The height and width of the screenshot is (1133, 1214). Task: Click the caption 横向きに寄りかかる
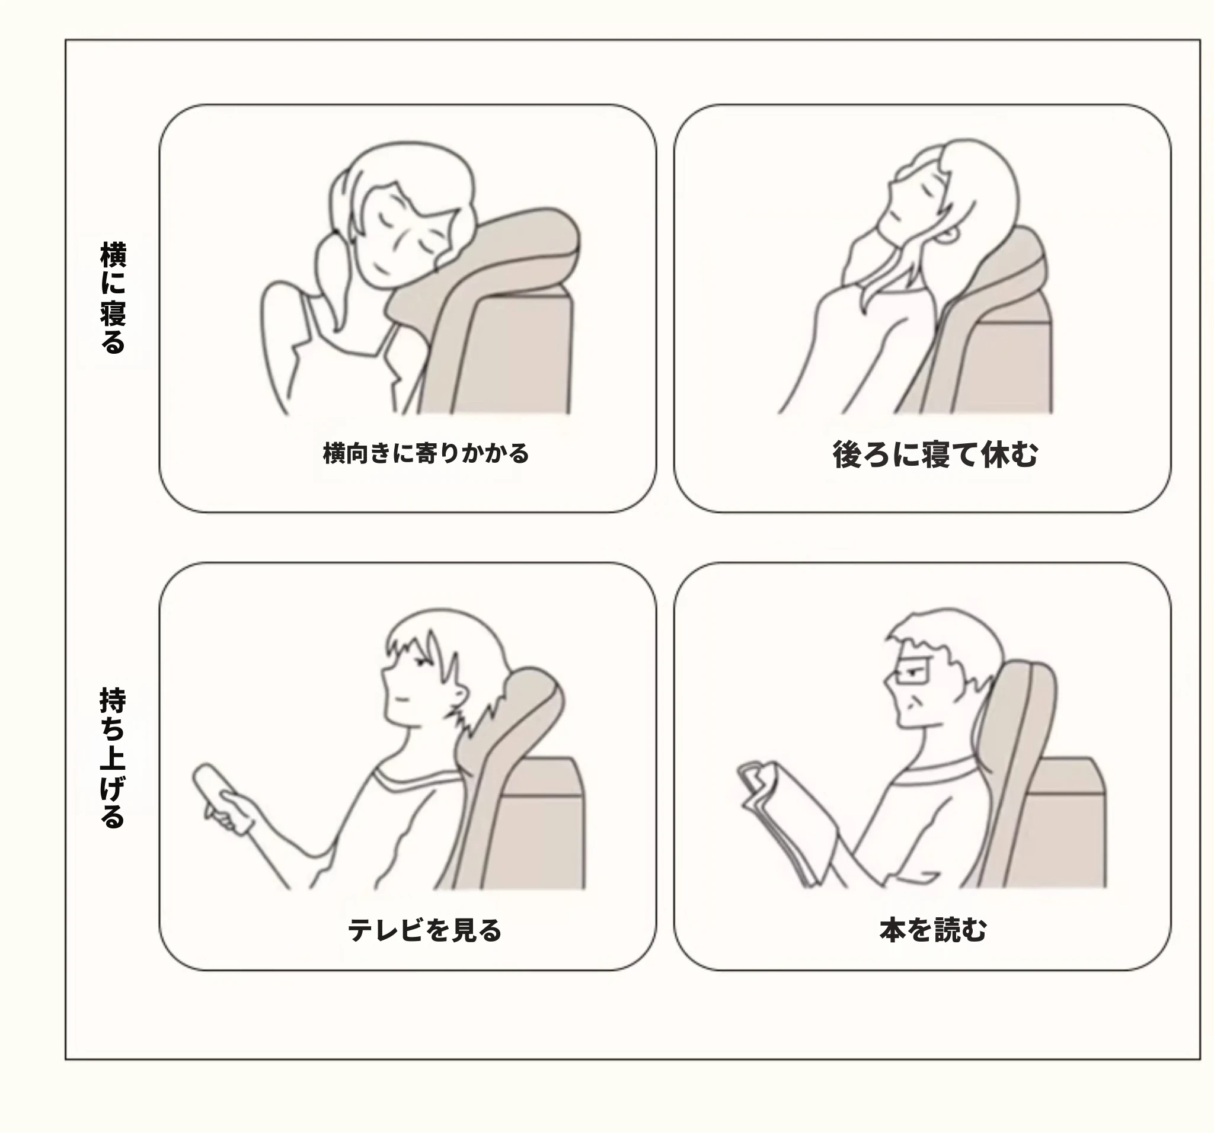pyautogui.click(x=426, y=453)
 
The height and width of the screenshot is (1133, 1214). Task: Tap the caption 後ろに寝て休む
pyautogui.click(x=935, y=454)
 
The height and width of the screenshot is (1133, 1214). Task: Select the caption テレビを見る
pyautogui.click(x=424, y=930)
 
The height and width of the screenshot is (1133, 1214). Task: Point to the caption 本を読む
pyautogui.click(x=933, y=930)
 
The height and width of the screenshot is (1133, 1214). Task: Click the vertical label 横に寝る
pyautogui.click(x=113, y=297)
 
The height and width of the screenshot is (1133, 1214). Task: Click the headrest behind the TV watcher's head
pyautogui.click(x=519, y=721)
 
